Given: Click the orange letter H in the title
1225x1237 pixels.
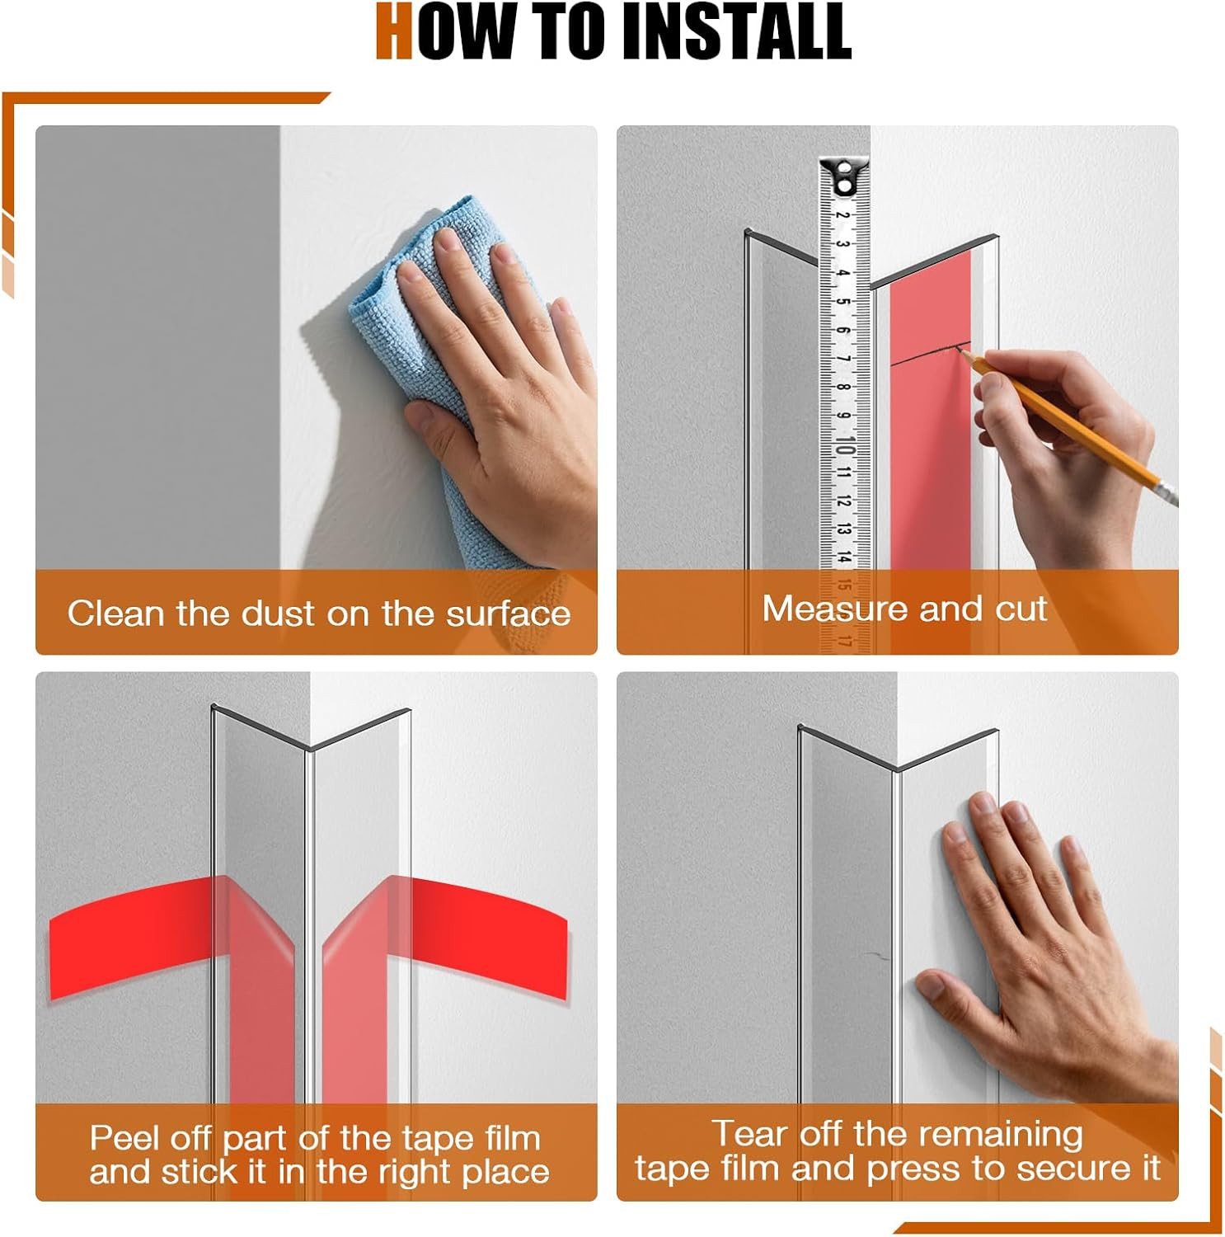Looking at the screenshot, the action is click(394, 31).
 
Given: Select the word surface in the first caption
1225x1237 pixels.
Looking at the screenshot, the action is click(509, 614).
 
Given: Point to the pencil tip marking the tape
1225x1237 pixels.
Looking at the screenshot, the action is click(959, 349).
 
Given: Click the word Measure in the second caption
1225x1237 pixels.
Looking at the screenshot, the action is click(835, 609).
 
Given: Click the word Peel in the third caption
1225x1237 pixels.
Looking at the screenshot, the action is click(124, 1138).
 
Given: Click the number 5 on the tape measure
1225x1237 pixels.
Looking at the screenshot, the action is click(842, 301).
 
